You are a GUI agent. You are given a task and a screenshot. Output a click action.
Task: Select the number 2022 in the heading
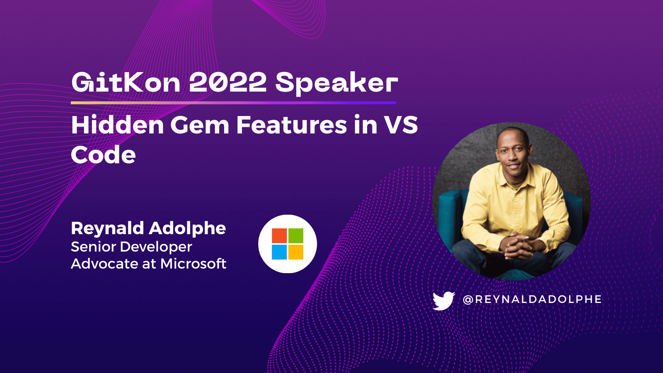pyautogui.click(x=227, y=82)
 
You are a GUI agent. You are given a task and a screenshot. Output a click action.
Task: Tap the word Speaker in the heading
pyautogui.click(x=336, y=83)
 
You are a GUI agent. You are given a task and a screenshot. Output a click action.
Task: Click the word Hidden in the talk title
pyautogui.click(x=118, y=125)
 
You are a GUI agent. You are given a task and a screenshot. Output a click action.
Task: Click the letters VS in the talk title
pyautogui.click(x=401, y=125)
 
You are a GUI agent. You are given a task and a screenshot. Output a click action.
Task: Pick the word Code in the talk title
pyautogui.click(x=103, y=155)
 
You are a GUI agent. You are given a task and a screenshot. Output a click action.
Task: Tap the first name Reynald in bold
pyautogui.click(x=107, y=228)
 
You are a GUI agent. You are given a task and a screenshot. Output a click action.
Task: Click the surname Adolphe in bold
pyautogui.click(x=187, y=228)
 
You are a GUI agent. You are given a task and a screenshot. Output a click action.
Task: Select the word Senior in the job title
pyautogui.click(x=93, y=247)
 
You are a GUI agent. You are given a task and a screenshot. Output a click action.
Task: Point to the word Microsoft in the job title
pyautogui.click(x=194, y=264)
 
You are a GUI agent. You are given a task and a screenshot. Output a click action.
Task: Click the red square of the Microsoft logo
pyautogui.click(x=279, y=236)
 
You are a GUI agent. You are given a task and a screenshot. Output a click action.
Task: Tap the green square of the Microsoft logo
pyautogui.click(x=296, y=236)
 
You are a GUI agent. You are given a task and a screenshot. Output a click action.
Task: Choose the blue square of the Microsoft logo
pyautogui.click(x=279, y=252)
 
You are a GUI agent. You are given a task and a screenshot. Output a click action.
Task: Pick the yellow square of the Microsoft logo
pyautogui.click(x=296, y=252)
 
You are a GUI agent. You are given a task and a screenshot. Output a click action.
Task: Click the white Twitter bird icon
pyautogui.click(x=443, y=300)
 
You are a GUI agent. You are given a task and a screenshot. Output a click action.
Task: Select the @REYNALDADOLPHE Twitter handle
pyautogui.click(x=532, y=299)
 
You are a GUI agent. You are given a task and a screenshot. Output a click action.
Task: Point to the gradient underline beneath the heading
pyautogui.click(x=233, y=102)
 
